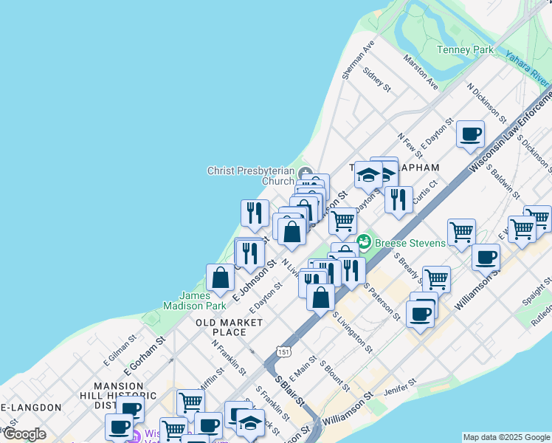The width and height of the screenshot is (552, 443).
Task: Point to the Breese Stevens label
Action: point(410,242)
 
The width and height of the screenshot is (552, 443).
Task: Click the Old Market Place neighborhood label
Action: point(230,327)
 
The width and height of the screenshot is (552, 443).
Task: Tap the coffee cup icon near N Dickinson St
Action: point(470,134)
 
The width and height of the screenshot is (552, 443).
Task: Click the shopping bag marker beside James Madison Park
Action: point(221,278)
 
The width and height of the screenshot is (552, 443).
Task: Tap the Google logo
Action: point(24,434)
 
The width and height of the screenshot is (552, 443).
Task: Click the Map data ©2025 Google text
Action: point(506,437)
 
